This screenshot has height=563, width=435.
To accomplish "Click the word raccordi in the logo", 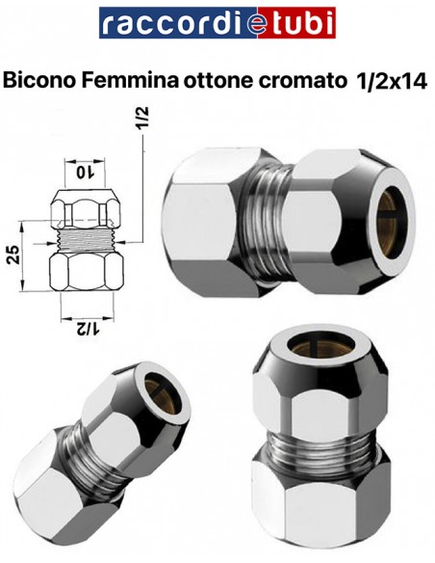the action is pos(171,23).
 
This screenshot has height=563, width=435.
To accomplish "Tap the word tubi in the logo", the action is pos(300,22).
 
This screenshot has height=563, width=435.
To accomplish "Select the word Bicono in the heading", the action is pos(39,80).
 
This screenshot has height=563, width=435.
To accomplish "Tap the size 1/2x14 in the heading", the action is pos(390,81).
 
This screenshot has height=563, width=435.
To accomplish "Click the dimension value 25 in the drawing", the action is pos(13,255).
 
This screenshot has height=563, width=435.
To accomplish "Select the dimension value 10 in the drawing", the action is pos(85,172).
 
